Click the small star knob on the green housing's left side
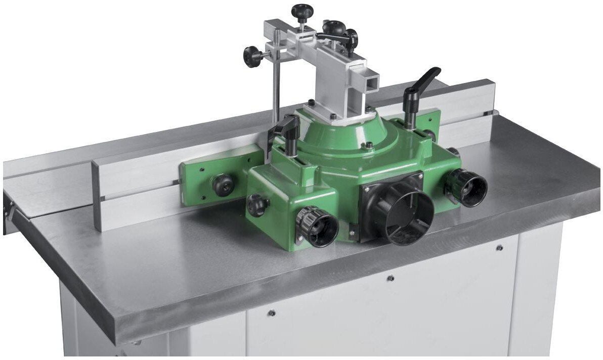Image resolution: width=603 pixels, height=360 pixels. pos(257,205)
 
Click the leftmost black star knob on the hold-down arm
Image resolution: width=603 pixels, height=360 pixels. pos(253,56)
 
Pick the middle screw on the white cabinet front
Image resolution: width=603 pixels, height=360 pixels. pos(390,278)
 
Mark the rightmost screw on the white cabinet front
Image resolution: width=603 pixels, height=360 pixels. pos(499,248)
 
